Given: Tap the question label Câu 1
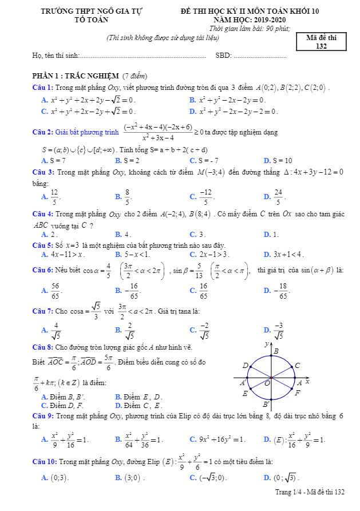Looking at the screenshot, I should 43,87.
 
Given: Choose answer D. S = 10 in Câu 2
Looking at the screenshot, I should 278,161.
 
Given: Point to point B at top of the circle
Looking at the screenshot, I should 276,351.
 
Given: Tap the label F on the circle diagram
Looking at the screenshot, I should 298,393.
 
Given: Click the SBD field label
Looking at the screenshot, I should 222,56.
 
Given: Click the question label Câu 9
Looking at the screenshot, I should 43,415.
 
